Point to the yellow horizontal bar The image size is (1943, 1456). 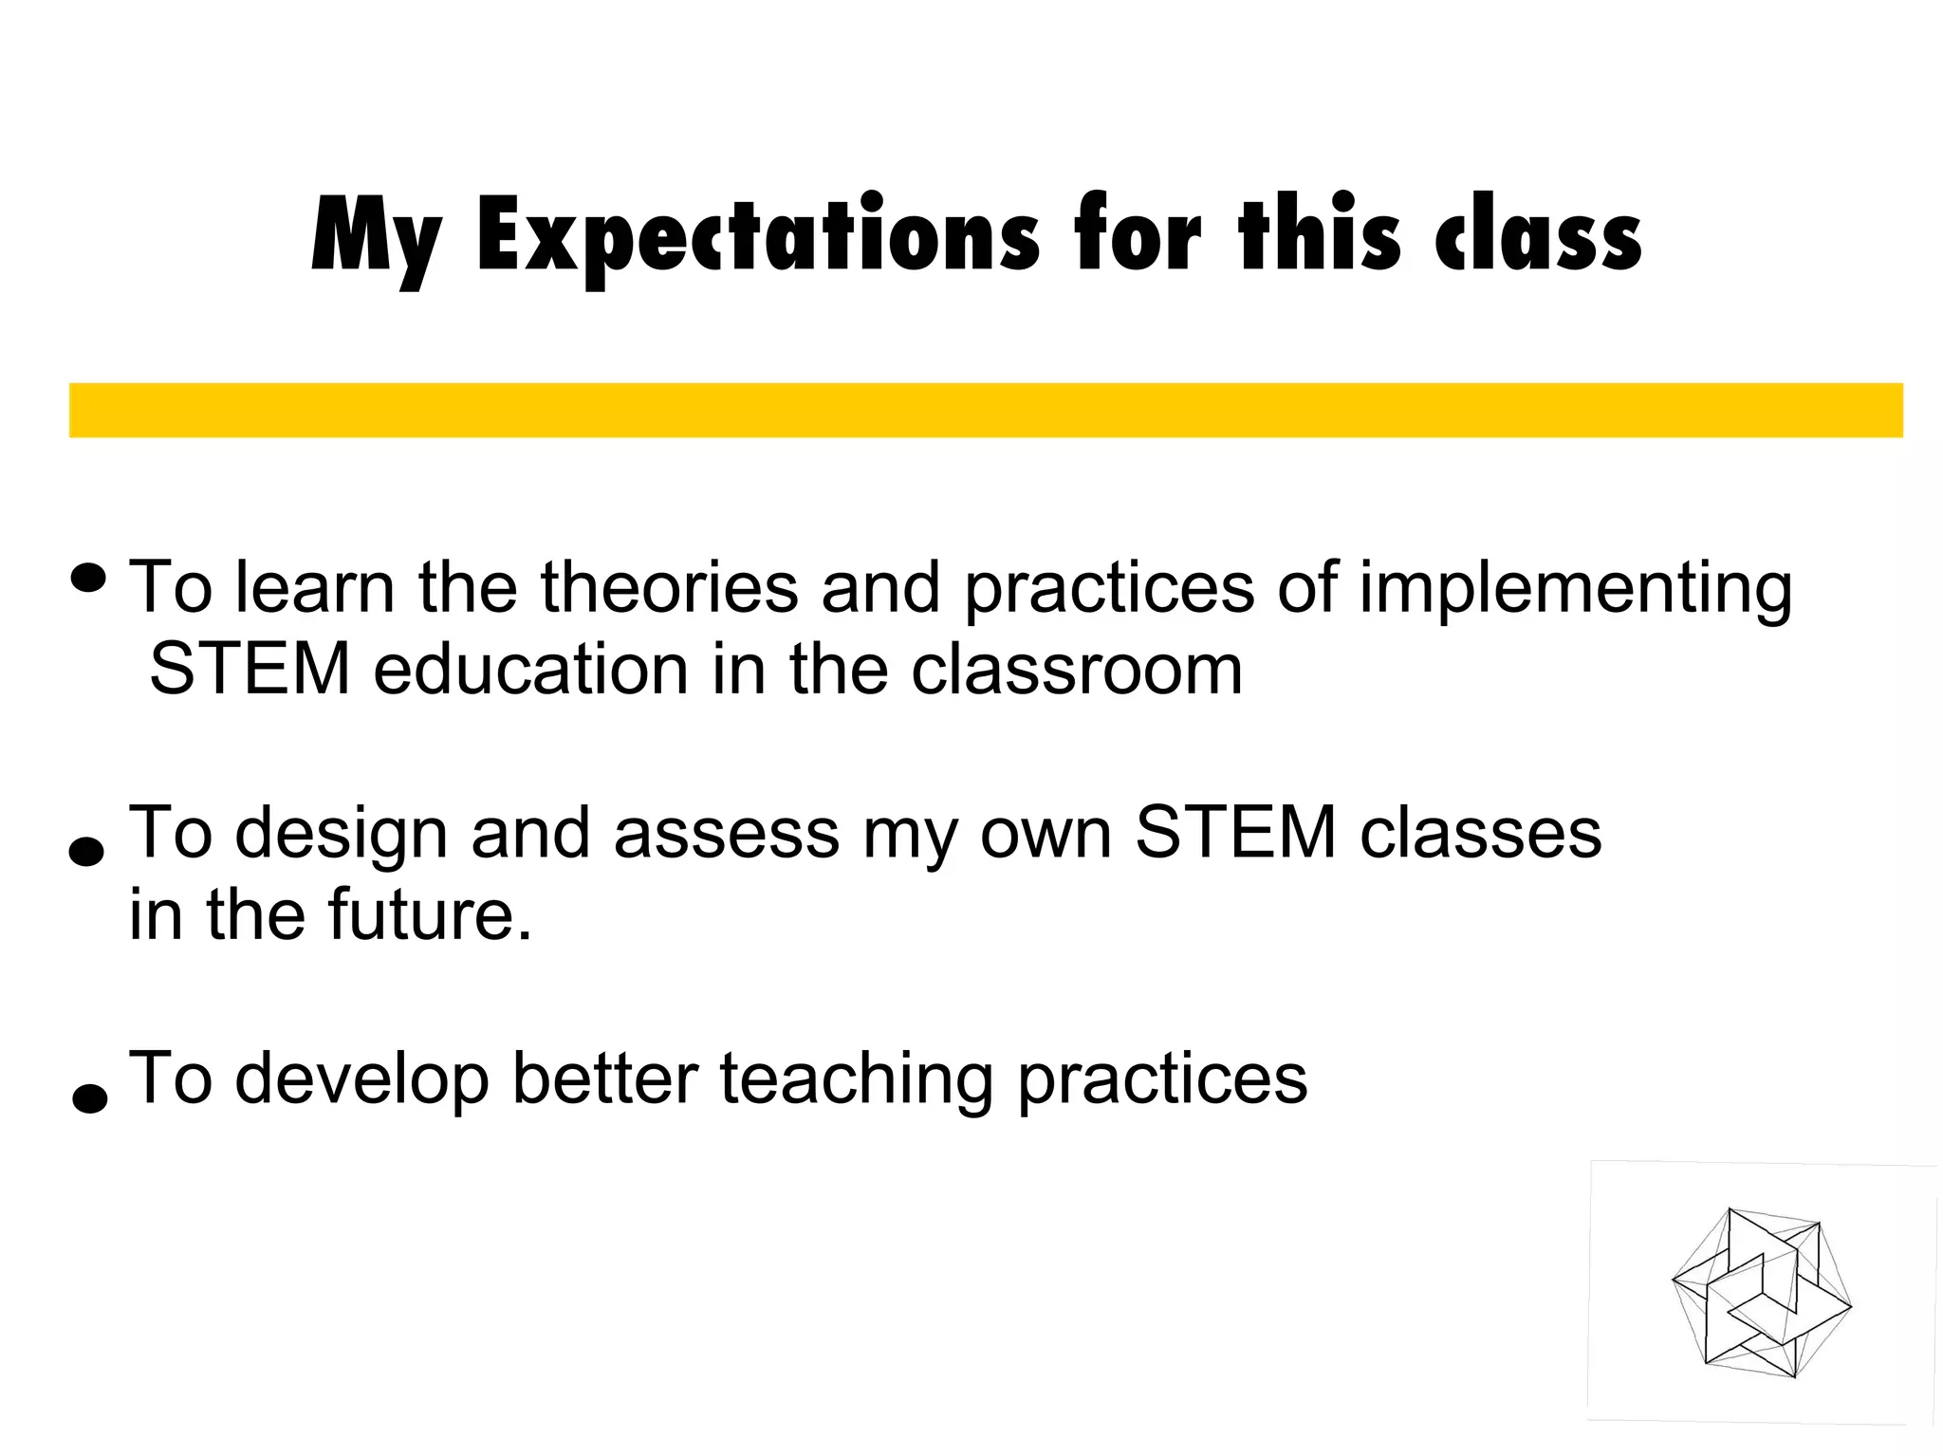coord(986,410)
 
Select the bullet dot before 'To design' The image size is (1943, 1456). coord(87,851)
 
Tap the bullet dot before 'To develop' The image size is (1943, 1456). coord(89,1097)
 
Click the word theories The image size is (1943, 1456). coord(669,587)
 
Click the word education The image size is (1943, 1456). coord(530,670)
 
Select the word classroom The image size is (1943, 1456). coord(1076,670)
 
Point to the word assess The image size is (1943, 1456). coord(726,834)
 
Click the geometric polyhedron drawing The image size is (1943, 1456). coord(1761,1292)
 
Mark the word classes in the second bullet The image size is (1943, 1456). coord(1480,834)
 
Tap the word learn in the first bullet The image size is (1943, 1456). coord(314,587)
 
